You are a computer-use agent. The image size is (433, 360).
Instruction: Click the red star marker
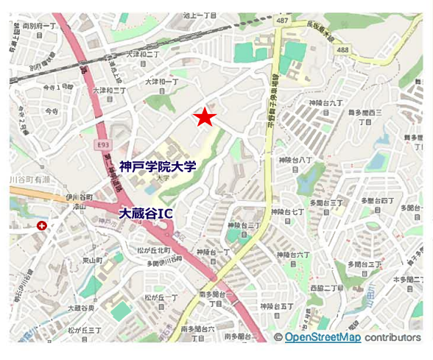205,117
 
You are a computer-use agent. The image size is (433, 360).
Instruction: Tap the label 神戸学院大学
158,167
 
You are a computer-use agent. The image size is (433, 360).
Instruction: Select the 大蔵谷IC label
146,213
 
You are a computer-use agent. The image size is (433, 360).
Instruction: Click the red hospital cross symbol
42,226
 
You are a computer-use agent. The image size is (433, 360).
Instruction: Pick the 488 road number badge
342,49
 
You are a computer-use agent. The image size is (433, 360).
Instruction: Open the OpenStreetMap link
323,337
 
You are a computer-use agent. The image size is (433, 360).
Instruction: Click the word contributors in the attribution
392,337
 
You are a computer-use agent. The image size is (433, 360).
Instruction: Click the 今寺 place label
51,111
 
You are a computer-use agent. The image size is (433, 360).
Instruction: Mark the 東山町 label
91,261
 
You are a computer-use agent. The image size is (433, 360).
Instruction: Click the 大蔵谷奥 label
81,308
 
